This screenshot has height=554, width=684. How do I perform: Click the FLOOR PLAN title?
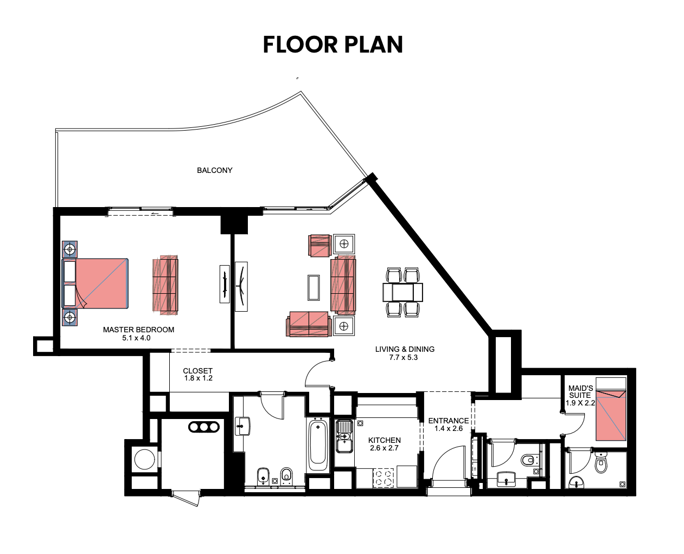pos(333,44)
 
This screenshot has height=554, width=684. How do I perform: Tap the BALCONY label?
pos(214,170)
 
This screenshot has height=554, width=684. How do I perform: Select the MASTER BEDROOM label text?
pos(138,330)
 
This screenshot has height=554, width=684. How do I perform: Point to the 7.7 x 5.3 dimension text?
pos(404,358)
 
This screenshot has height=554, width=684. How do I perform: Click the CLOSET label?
pos(198,371)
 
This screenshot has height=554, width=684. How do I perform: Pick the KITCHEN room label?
pos(385,440)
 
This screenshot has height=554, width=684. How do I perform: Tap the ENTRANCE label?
pos(448,421)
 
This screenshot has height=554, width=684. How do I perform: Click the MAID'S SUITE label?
pos(580,392)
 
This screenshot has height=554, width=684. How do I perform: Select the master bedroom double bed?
pos(95,284)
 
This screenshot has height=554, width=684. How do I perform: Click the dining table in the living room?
pos(402,292)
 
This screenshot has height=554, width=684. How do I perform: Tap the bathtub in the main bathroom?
pos(318,445)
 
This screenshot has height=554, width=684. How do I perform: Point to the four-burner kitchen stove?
pos(383,478)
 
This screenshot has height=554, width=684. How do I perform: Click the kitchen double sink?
pos(344,436)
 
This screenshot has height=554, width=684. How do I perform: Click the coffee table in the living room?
pos(314,288)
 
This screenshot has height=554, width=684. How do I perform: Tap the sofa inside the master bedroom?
pos(165,285)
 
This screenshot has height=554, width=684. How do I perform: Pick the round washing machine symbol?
pos(144,459)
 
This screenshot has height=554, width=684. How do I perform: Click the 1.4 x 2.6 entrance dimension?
pos(448,428)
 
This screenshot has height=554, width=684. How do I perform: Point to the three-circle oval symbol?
pos(204,427)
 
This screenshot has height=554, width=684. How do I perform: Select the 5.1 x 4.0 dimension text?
pos(136,338)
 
